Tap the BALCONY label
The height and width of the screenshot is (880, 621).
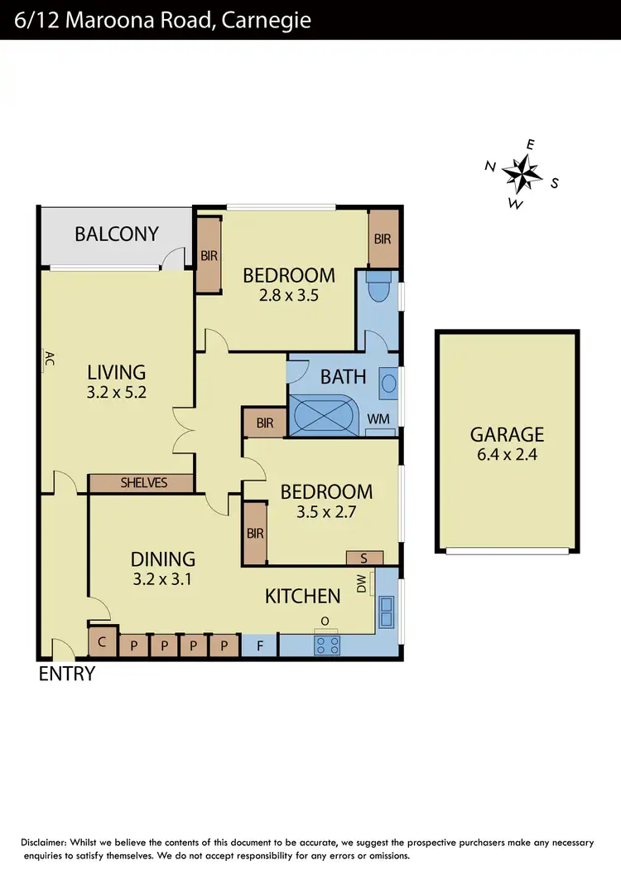click(x=116, y=234)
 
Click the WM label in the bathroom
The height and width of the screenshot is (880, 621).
click(x=378, y=420)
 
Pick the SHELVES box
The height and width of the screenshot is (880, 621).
click(x=142, y=482)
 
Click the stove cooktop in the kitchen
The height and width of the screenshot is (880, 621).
click(x=327, y=644)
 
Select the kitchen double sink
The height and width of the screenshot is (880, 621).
click(x=386, y=613)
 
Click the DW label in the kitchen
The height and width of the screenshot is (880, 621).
click(x=362, y=585)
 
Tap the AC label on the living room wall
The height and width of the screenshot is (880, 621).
click(x=49, y=359)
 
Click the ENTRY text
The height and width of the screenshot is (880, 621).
click(x=67, y=674)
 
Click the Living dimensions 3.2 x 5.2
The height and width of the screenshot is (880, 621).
click(x=116, y=394)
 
